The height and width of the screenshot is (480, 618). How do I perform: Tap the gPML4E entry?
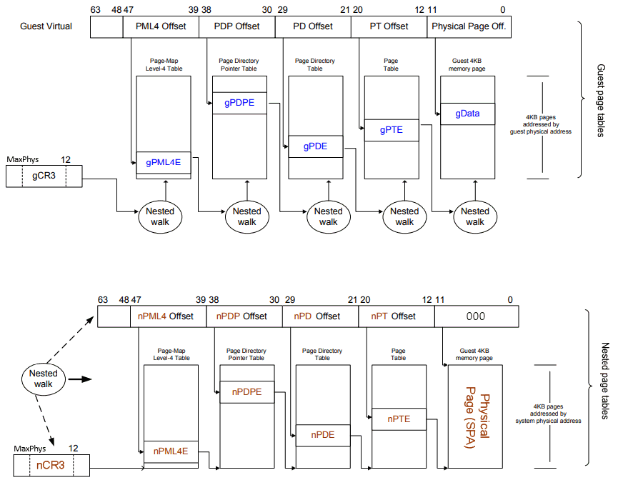[x=164, y=162]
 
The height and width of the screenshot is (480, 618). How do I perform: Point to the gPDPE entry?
[x=239, y=103]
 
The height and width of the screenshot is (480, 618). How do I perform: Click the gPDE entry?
[x=315, y=146]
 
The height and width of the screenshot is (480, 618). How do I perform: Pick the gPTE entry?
[x=392, y=130]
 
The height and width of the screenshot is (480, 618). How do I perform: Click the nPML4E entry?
[x=171, y=451]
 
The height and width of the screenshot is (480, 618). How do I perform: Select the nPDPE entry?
[x=246, y=391]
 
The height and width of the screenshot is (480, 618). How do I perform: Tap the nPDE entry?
[x=322, y=434]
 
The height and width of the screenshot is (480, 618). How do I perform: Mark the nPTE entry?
[x=399, y=419]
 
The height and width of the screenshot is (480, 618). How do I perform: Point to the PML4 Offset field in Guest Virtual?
[x=161, y=27]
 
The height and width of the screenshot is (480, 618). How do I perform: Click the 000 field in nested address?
[x=475, y=316]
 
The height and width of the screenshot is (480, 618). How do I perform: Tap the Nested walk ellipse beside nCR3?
[x=44, y=378]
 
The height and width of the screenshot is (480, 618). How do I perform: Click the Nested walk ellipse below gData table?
[x=475, y=216]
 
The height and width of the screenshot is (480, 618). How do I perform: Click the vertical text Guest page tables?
[x=601, y=100]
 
